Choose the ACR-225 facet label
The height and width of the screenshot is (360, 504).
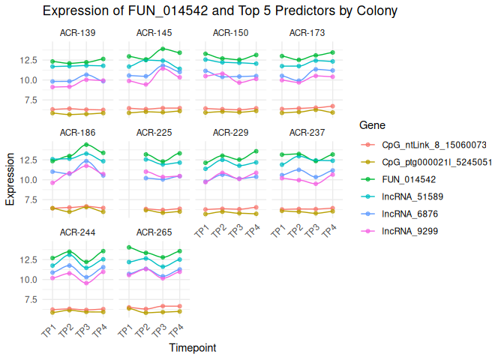click(x=154, y=132)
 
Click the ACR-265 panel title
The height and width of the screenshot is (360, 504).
click(x=154, y=232)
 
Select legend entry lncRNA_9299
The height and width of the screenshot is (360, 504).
click(x=409, y=232)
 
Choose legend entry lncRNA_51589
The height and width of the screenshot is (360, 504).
click(x=413, y=197)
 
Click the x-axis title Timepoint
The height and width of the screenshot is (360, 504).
click(x=193, y=348)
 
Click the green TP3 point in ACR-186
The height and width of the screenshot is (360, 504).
click(x=86, y=144)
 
